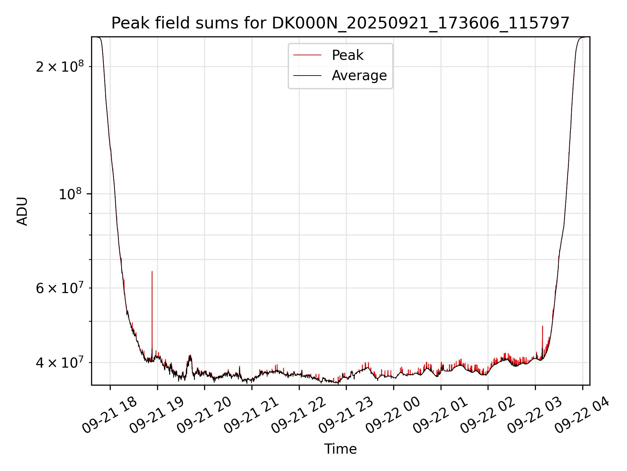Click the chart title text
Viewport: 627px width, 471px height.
point(340,23)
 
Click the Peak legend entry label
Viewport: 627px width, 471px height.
point(347,55)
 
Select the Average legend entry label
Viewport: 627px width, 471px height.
point(359,76)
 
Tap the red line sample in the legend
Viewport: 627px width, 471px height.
point(307,55)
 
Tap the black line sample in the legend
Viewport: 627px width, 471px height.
point(307,76)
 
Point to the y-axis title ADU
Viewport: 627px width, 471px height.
point(22,211)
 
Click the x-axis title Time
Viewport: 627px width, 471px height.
point(340,449)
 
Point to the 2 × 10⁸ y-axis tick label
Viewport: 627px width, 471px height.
point(60,67)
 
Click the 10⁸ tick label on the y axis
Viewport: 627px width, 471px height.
point(70,194)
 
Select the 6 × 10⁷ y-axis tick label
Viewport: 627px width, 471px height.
point(60,288)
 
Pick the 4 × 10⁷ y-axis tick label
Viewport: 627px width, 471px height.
point(60,363)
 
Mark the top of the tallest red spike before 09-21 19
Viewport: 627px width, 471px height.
point(152,271)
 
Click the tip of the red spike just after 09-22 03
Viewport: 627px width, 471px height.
point(542,326)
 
